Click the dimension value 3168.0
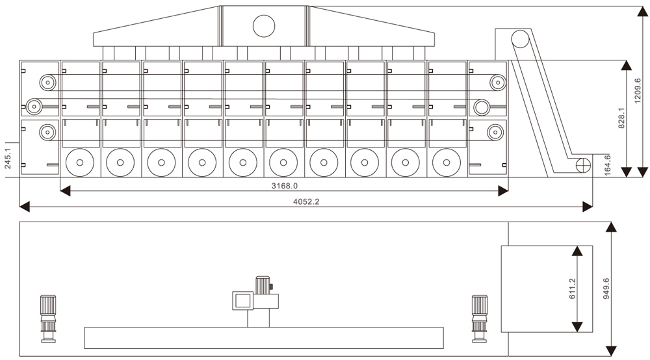284,185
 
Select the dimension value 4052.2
305,201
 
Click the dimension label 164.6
607,164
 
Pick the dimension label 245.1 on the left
8,158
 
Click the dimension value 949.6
606,288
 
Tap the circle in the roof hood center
264,26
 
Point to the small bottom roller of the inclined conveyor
580,164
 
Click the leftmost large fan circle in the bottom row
80,162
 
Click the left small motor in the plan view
47,317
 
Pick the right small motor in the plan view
480,317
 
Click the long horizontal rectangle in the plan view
264,338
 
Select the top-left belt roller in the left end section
47,82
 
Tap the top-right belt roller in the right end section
497,82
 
